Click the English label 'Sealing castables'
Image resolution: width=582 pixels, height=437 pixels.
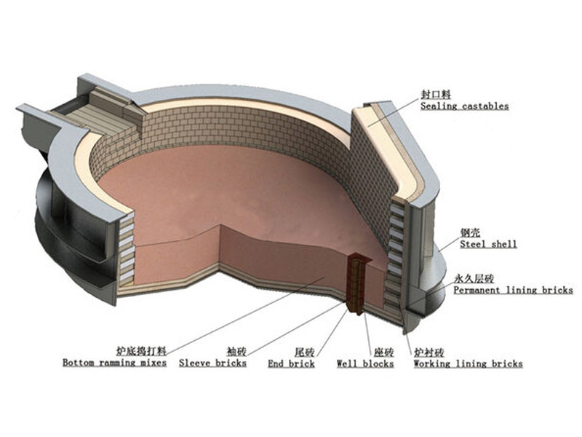click(464, 106)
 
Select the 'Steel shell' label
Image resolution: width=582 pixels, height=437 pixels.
click(487, 244)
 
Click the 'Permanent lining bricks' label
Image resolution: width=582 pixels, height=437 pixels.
click(513, 290)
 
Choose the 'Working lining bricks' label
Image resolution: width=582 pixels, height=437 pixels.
click(468, 363)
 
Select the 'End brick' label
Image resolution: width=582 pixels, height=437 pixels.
click(291, 363)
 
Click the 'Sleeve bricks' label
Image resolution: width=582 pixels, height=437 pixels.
click(212, 363)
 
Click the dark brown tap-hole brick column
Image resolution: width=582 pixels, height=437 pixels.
click(357, 284)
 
